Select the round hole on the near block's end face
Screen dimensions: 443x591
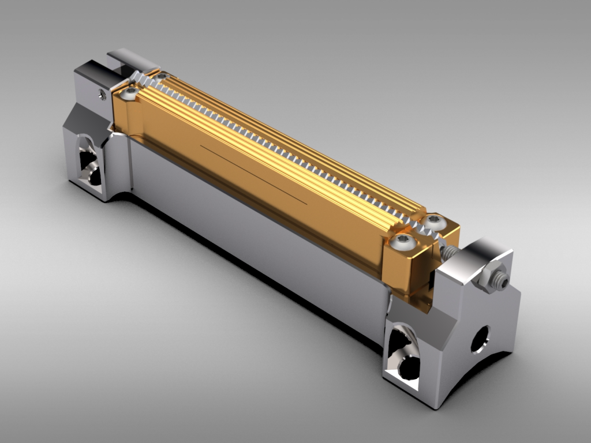point(480,339)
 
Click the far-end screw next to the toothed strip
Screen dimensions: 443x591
point(162,76)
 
